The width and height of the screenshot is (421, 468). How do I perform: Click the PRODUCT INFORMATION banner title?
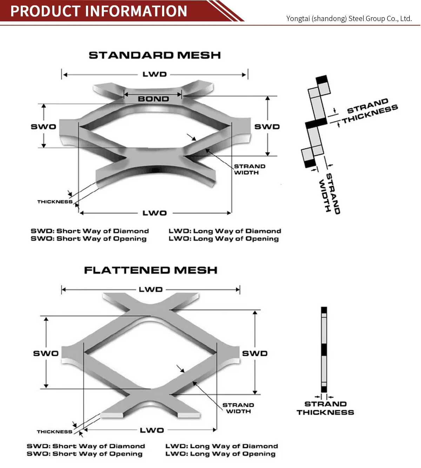pos(99,11)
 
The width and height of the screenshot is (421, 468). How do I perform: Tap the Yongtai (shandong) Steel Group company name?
pos(349,19)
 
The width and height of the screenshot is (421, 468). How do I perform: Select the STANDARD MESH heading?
pos(155,55)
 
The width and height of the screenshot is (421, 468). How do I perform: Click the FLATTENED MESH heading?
pos(151,270)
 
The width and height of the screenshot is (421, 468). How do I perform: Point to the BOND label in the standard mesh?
pos(153,99)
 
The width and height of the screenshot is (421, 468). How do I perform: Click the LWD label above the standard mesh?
pos(154,74)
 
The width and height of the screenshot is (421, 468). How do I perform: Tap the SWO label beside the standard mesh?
pos(44,127)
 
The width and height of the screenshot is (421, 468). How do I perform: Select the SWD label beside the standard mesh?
pos(267,127)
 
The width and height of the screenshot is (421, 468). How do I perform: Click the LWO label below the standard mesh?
pos(154,213)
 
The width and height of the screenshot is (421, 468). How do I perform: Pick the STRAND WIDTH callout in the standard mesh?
pos(249,169)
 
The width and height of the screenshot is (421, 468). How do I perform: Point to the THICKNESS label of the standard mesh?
pos(55,202)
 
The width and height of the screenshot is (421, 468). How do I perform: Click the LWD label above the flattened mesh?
pos(151,290)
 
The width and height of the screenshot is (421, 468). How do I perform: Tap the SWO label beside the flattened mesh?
pos(46,353)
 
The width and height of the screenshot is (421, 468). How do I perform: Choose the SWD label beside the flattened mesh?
pos(255,353)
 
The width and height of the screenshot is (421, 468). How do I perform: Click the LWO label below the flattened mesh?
pos(152,430)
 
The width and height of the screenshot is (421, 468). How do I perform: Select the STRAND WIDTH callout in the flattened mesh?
pos(238,408)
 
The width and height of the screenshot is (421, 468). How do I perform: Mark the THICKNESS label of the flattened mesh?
pos(54,432)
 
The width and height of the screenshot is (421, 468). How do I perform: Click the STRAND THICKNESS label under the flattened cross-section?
pos(325,408)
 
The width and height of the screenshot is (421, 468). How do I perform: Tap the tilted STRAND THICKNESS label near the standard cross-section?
pos(370,111)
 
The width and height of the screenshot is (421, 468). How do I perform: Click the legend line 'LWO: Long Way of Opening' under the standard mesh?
pos(223,239)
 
